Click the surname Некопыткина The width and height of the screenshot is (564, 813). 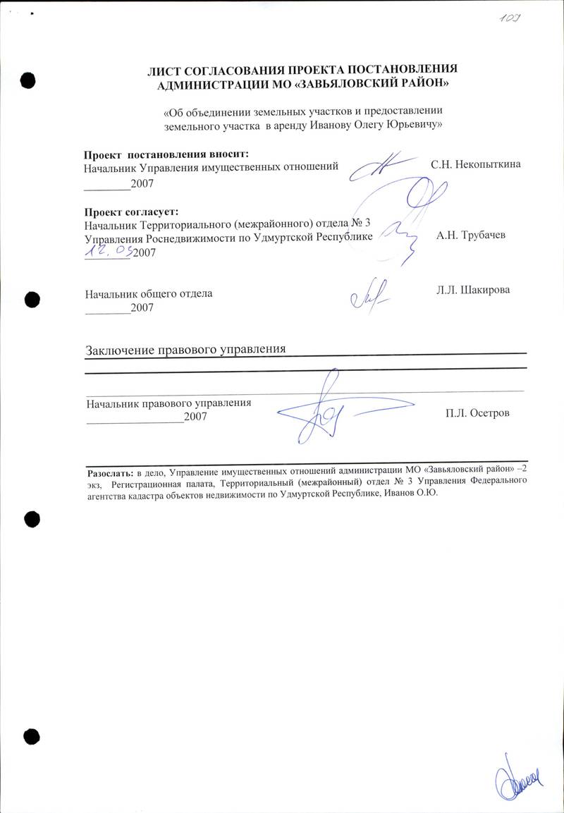(x=486, y=165)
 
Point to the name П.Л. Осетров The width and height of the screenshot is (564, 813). (x=477, y=413)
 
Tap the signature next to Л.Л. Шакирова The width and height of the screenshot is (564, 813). (x=369, y=297)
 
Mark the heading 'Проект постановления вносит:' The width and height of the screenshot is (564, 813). (x=166, y=154)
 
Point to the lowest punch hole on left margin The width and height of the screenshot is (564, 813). (x=30, y=736)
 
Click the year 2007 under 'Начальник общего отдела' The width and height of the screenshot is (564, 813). (x=142, y=307)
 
